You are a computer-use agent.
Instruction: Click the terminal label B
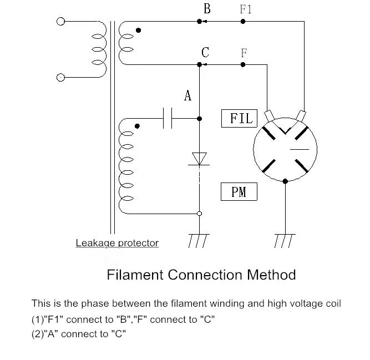207,9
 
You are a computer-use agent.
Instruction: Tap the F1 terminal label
246,9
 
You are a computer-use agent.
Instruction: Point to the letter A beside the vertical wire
187,95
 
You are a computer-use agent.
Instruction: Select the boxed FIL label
239,118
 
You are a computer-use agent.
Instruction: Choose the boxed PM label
239,191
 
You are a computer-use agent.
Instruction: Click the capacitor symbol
168,118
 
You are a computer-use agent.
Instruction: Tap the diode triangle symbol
199,159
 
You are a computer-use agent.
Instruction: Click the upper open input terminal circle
60,22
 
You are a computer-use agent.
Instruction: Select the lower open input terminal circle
60,77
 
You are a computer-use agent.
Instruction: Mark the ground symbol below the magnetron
285,241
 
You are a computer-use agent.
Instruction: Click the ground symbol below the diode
199,241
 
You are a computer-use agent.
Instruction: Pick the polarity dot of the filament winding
139,30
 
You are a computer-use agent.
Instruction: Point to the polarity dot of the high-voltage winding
137,126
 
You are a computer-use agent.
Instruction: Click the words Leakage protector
117,243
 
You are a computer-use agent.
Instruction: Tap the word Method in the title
271,275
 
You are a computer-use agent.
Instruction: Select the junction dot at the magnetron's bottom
285,181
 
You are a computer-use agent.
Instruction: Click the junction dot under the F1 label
243,22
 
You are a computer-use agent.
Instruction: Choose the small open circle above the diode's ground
199,214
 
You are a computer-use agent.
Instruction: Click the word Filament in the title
135,275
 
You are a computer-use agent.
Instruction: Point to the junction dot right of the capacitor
199,119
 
